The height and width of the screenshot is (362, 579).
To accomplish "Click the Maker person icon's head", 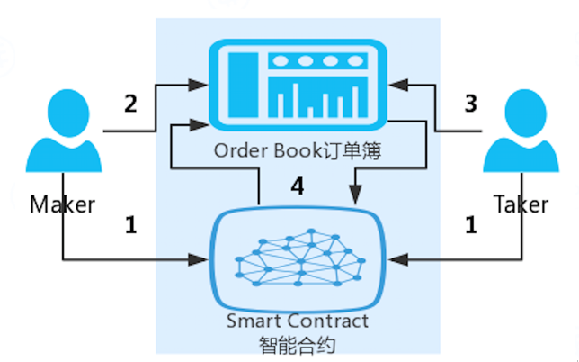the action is tap(68, 113).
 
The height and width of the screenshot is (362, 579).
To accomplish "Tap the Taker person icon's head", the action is tap(525, 113).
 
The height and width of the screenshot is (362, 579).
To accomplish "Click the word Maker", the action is tap(62, 204).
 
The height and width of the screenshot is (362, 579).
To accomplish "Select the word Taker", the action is tap(521, 204).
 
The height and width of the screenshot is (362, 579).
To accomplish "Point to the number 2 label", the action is tap(130, 104).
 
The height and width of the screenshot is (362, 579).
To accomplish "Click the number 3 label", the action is tap(470, 104).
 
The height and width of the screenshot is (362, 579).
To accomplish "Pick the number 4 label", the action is tap(298, 186).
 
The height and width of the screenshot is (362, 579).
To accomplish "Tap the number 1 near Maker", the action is tap(131, 225).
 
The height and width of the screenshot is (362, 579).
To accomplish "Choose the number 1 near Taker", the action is tap(471, 225).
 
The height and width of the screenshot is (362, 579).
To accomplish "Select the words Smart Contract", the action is tap(298, 321).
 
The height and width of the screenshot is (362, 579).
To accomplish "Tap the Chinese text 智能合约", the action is tap(298, 346).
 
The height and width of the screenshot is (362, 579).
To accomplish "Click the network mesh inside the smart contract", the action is tap(300, 258).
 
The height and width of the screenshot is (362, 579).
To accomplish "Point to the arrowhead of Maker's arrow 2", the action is tap(198, 85).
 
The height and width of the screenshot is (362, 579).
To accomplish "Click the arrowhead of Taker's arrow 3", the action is tap(398, 85).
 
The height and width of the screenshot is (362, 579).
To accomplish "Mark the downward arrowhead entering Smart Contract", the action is tap(355, 195).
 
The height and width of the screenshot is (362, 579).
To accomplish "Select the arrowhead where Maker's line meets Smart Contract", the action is tap(198, 260).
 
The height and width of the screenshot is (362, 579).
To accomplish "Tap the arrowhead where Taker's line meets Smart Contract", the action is tap(398, 260).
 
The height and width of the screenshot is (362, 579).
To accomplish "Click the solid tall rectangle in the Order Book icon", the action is tap(243, 85).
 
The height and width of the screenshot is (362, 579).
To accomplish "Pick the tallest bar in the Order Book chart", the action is tap(295, 101).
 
